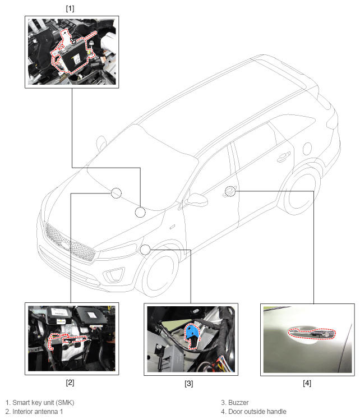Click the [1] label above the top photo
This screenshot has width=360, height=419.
point(70,8)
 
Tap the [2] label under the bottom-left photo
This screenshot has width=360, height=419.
point(70,383)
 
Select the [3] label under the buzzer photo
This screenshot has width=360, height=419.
point(188,384)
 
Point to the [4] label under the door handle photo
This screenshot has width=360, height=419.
point(307,383)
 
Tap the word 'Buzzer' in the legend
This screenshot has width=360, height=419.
point(238,402)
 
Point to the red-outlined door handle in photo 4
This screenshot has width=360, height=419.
point(311,334)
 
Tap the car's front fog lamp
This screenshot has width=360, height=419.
point(114,275)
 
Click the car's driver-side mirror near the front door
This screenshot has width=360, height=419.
point(197,200)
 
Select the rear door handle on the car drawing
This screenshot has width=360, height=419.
point(284,157)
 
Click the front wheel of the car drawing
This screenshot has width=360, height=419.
point(160,273)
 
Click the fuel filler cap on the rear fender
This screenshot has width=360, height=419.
point(307,149)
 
